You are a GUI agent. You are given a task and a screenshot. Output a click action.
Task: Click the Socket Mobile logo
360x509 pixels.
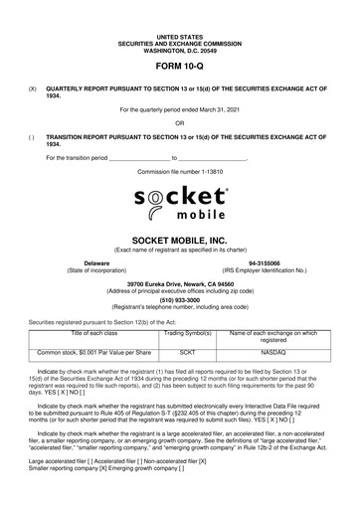pyautogui.click(x=179, y=200)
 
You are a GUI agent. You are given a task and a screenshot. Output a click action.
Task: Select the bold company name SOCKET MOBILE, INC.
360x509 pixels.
pyautogui.click(x=179, y=241)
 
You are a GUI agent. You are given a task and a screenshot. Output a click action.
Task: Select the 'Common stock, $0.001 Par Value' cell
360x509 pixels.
pyautogui.click(x=92, y=351)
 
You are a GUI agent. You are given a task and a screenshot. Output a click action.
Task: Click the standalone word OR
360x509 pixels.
pyautogui.click(x=179, y=122)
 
